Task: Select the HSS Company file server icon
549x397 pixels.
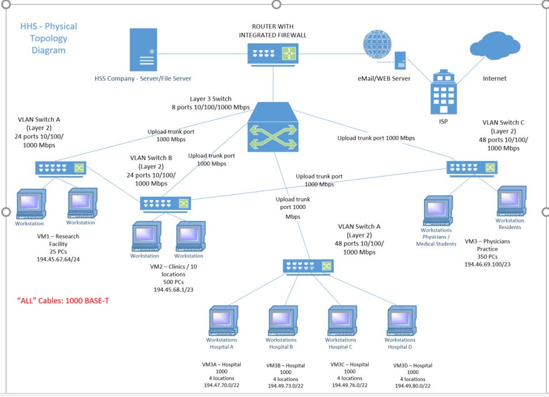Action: [142, 51]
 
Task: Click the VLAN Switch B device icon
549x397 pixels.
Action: [166, 203]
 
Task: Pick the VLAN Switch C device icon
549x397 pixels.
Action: [472, 167]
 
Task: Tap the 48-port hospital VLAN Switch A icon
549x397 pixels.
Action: [308, 266]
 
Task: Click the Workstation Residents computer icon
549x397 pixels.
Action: [511, 201]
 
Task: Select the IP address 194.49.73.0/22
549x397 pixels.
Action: [285, 385]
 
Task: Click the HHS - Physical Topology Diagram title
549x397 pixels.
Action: [48, 38]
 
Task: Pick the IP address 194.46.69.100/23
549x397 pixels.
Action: [488, 264]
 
